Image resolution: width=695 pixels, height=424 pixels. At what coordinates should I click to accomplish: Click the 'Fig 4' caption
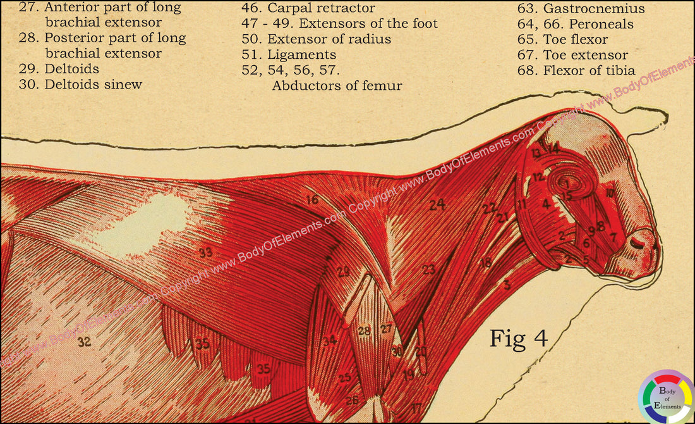(518, 339)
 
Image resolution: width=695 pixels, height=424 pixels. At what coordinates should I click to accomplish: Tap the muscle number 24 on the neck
(437, 204)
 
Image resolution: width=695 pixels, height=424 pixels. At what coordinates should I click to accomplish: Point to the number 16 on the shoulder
(312, 200)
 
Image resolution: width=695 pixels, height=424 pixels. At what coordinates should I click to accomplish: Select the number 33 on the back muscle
(205, 253)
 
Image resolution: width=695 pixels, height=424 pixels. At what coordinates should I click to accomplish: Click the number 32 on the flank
(84, 342)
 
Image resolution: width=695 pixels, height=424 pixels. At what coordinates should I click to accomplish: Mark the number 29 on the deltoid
(342, 272)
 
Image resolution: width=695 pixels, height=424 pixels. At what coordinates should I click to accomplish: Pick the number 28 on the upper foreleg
(364, 330)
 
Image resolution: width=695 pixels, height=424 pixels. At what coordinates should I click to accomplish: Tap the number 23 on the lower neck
(429, 269)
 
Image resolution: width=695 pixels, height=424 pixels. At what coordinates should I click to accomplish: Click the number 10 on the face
(609, 192)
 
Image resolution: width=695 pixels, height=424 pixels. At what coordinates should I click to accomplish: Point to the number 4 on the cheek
(546, 204)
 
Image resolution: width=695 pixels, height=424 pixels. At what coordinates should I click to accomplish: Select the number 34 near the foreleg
(329, 341)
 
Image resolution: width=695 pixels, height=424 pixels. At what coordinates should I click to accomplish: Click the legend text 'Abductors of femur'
(337, 85)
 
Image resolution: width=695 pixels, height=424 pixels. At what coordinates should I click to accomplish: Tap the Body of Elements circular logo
(666, 397)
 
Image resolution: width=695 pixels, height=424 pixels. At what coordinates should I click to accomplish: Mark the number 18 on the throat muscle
(485, 262)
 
